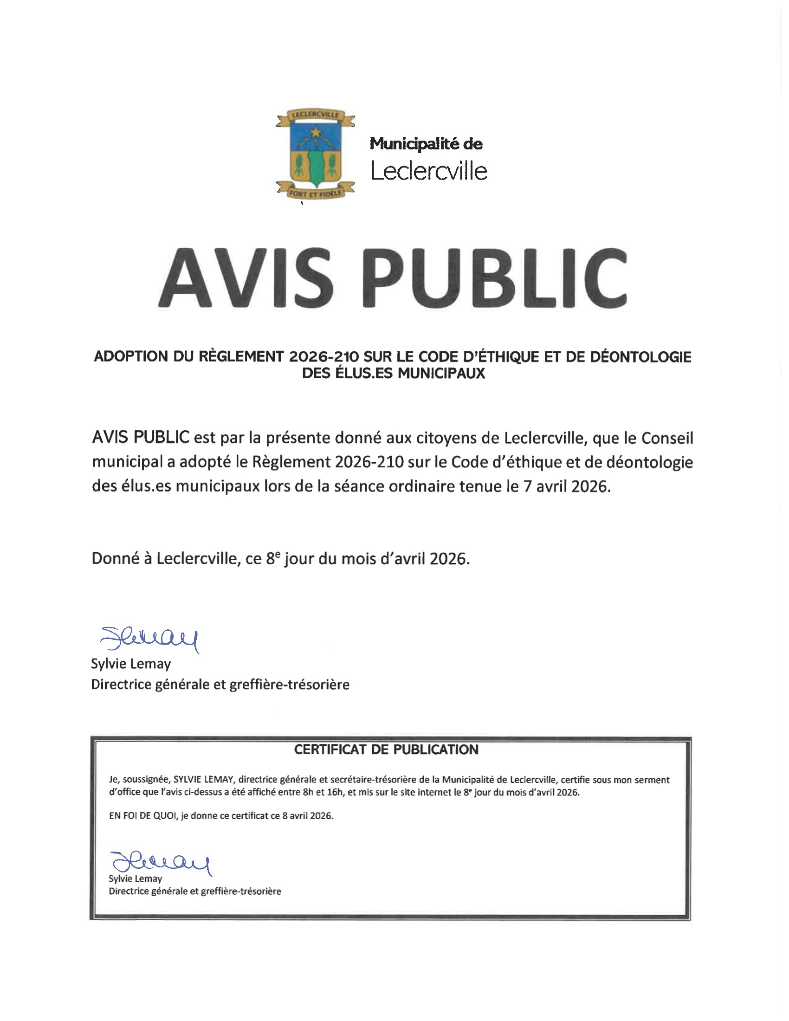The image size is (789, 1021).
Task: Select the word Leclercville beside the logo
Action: (x=429, y=171)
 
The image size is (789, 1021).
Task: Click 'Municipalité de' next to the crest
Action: (x=426, y=143)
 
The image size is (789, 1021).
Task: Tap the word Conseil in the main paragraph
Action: (x=666, y=438)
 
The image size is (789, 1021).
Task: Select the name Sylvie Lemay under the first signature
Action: (x=131, y=664)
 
